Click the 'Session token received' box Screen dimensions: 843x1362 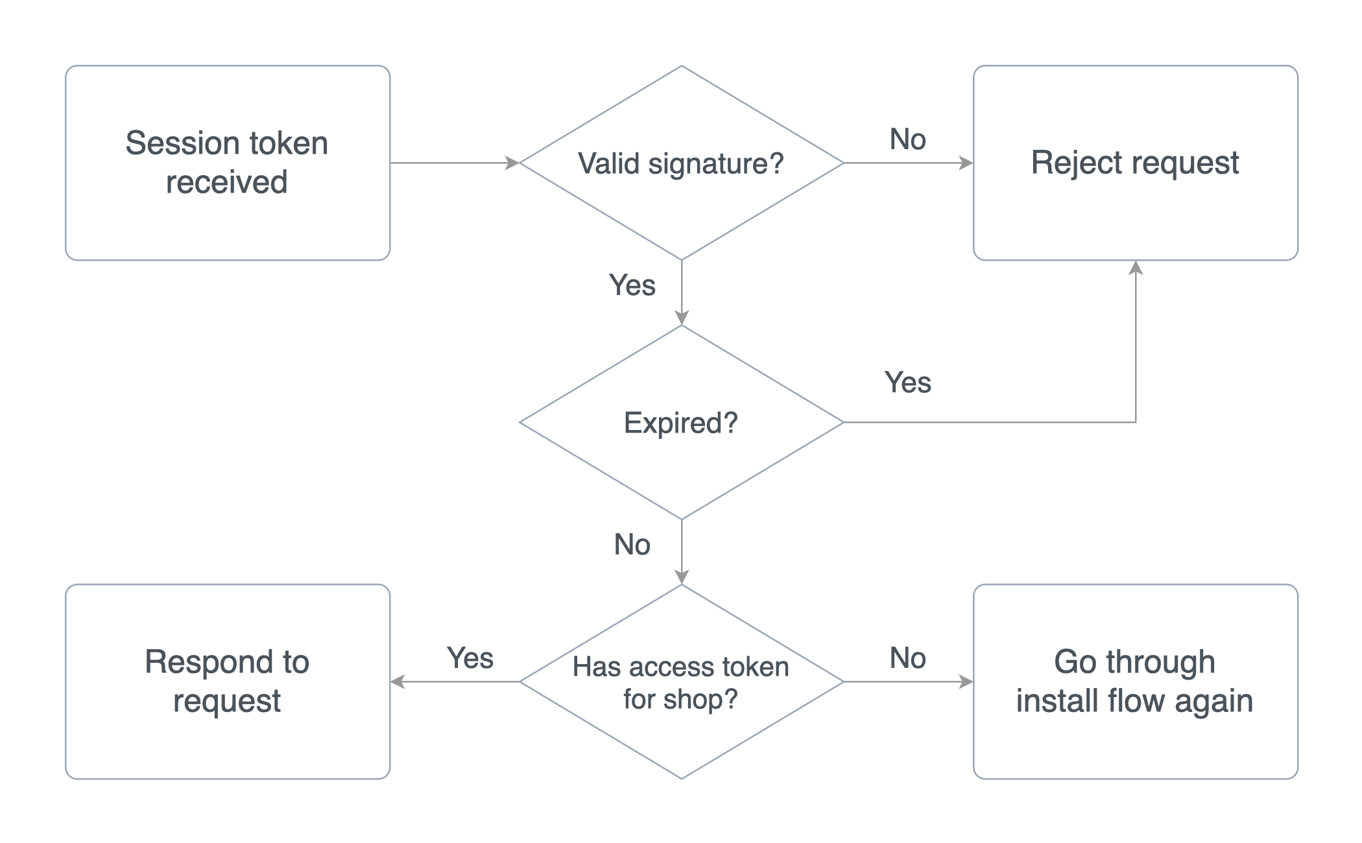227,163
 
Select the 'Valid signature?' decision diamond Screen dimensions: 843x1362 681,163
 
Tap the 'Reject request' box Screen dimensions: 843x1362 1135,163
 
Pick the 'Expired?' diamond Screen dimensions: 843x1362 681,422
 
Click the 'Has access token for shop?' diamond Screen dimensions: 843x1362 681,682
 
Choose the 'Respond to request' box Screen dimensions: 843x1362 227,682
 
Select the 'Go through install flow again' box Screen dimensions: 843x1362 1135,682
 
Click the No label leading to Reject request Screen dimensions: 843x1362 907,139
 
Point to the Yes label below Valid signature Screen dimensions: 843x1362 632,285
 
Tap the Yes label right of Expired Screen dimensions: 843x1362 907,383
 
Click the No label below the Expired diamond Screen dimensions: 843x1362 632,545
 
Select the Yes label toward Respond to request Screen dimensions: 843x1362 470,658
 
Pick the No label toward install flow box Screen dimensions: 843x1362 907,658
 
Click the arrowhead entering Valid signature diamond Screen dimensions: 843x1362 512,163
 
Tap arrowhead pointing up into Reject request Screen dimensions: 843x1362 1136,268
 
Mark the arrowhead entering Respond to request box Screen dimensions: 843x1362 398,682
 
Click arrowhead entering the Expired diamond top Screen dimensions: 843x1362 682,317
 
